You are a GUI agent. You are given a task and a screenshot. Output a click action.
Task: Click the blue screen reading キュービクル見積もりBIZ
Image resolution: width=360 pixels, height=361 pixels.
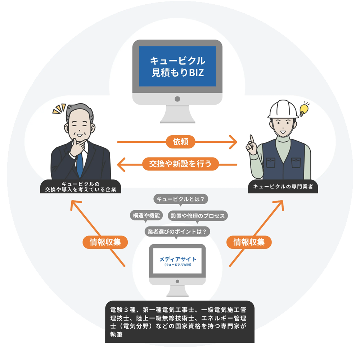(x=177, y=66)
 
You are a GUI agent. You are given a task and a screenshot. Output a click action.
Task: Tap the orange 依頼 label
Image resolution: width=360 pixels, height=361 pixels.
(x=180, y=142)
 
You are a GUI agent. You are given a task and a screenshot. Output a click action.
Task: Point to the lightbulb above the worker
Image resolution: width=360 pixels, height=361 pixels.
(x=304, y=108)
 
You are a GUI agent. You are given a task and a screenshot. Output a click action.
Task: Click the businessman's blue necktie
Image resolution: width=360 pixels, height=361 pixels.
(x=80, y=164)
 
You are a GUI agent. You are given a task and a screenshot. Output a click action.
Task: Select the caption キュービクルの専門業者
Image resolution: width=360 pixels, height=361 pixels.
(x=283, y=187)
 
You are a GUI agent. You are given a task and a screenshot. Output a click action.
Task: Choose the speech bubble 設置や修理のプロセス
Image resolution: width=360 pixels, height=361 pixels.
(x=198, y=216)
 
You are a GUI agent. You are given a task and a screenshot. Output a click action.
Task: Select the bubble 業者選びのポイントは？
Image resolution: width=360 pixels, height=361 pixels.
(x=177, y=231)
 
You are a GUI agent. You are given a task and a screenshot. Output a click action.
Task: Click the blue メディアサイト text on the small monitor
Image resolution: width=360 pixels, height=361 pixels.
(x=177, y=259)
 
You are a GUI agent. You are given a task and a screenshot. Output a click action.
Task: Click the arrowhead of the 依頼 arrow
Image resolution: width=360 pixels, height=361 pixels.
(x=233, y=142)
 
